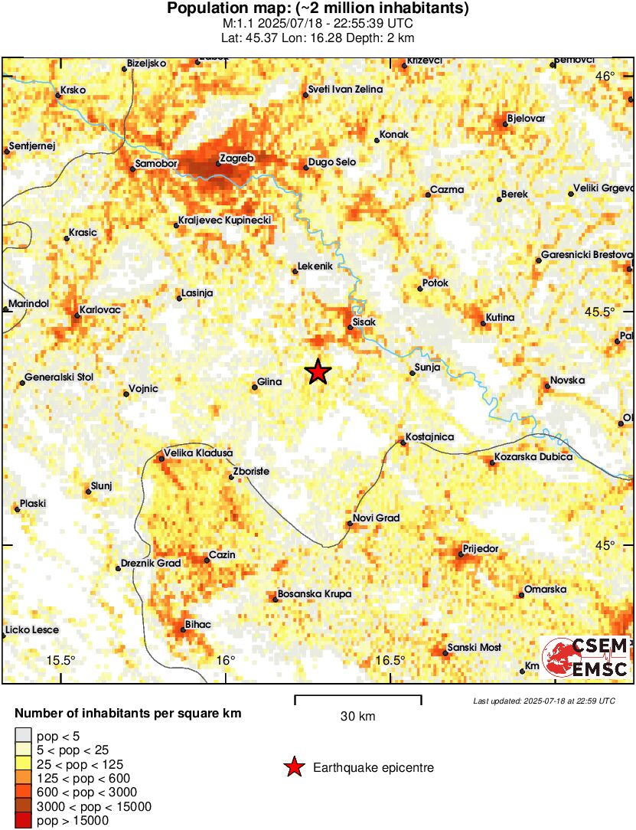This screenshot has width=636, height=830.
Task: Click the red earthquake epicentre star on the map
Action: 318,372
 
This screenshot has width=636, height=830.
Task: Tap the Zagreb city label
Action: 236,158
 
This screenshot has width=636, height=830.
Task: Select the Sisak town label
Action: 364,322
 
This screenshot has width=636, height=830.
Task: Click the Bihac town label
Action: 197,625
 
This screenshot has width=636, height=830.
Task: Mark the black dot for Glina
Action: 255,387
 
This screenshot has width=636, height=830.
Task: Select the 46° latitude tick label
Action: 606,76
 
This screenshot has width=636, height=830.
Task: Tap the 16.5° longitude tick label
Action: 390,661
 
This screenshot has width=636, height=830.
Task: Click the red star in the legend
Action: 294,767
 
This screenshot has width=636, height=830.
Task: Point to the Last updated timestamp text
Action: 543,701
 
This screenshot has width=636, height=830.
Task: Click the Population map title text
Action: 318,9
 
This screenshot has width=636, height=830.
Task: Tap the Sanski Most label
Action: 475,648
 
